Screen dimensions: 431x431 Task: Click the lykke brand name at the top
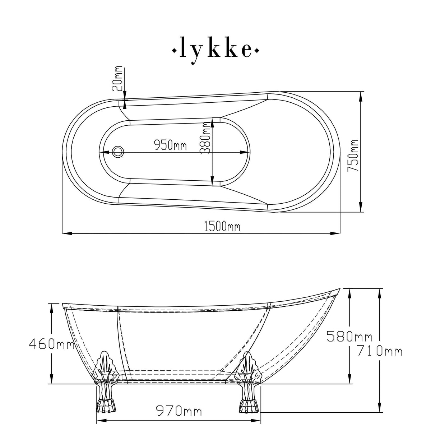(x=215, y=50)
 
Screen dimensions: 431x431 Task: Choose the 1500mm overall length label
(x=222, y=227)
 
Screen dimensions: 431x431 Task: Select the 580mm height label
(x=349, y=337)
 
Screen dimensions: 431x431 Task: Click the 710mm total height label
(x=379, y=351)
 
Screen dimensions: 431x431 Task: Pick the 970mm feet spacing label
(x=178, y=411)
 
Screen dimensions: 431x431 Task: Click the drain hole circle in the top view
(x=117, y=151)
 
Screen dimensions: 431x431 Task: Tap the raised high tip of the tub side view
(x=338, y=289)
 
